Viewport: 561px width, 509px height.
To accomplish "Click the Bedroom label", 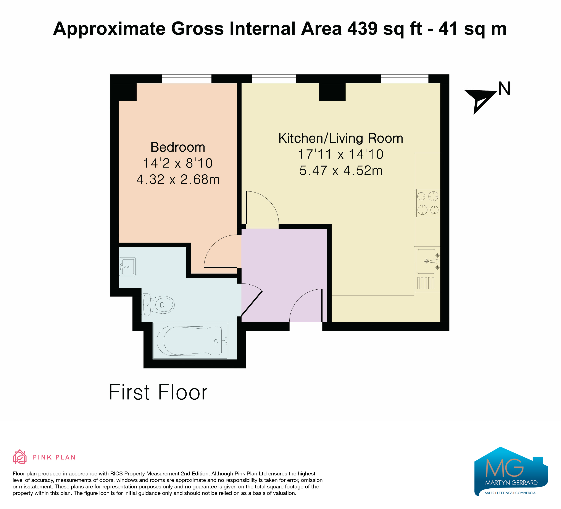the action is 178,147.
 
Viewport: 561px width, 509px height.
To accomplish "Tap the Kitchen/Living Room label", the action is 341,138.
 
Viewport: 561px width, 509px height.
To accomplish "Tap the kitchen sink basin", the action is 426,261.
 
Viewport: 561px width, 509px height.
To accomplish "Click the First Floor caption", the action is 158,392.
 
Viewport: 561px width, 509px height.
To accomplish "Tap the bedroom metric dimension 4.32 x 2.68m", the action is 178,180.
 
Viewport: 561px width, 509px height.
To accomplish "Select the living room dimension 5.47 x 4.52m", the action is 341,171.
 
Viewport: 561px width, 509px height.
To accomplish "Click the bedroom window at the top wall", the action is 187,79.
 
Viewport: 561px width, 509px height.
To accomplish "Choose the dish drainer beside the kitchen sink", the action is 426,283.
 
